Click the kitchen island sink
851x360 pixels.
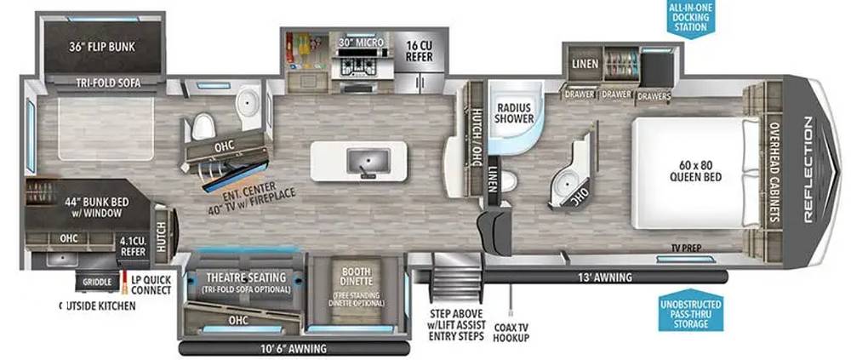[x=368, y=161]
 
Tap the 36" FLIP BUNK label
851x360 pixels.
[x=102, y=47]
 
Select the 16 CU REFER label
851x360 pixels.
[x=419, y=50]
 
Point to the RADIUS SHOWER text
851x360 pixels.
[x=513, y=113]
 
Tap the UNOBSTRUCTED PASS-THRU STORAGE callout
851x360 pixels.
[x=690, y=312]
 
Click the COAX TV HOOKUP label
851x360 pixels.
[x=511, y=332]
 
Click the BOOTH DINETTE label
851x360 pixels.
[x=355, y=276]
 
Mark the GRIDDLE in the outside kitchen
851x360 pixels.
[x=98, y=281]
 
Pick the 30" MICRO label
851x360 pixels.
[x=362, y=42]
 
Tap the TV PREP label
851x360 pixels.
[x=686, y=249]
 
